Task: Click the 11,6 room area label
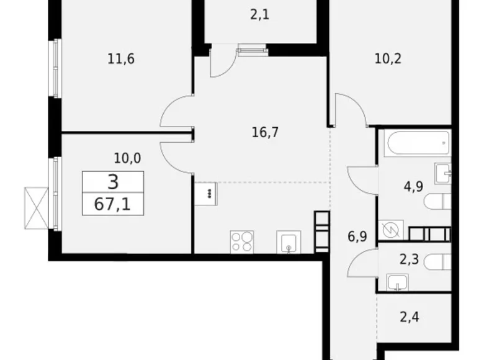pyautogui.click(x=121, y=59)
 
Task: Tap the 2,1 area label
pyautogui.click(x=259, y=14)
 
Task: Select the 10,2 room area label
pyautogui.click(x=388, y=59)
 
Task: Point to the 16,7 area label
pyautogui.click(x=265, y=132)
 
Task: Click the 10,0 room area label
pyautogui.click(x=127, y=158)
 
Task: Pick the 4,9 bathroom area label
pyautogui.click(x=413, y=186)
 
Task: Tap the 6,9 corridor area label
pyautogui.click(x=357, y=237)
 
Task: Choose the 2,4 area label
pyautogui.click(x=410, y=317)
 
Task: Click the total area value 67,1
pyautogui.click(x=112, y=204)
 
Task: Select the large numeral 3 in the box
pyautogui.click(x=113, y=182)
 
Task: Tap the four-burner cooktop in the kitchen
pyautogui.click(x=242, y=242)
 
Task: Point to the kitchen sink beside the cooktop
pyautogui.click(x=289, y=242)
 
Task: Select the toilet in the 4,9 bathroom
pyautogui.click(x=437, y=202)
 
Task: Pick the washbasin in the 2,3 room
pyautogui.click(x=398, y=282)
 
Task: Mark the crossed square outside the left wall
pyautogui.click(x=37, y=209)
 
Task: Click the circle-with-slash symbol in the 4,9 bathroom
pyautogui.click(x=391, y=230)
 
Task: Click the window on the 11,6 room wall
pyautogui.click(x=56, y=68)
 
